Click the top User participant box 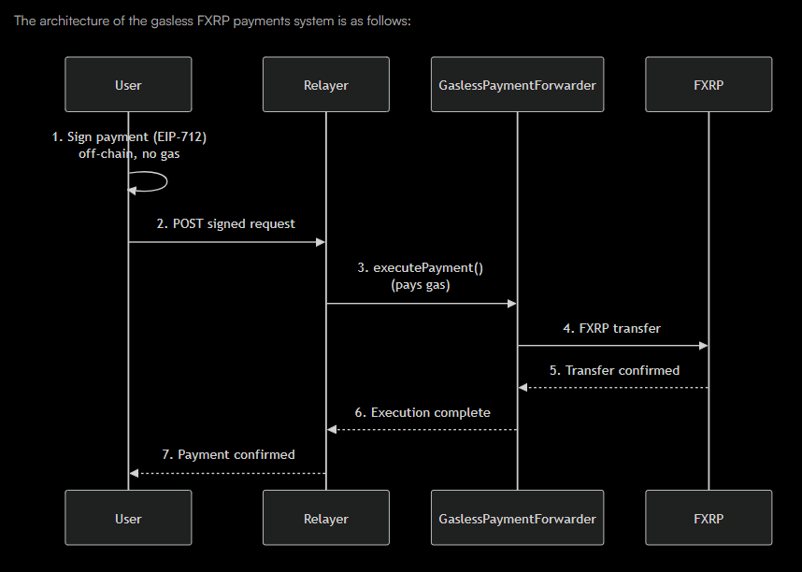[x=128, y=85]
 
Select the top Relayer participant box [x=325, y=85]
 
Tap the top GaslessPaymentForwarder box [x=517, y=85]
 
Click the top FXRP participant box [x=709, y=85]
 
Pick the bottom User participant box [x=128, y=518]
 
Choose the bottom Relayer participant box [x=325, y=518]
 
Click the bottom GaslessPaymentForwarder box [x=517, y=518]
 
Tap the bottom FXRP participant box [x=709, y=518]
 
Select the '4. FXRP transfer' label [x=612, y=328]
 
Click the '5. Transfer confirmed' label [x=614, y=370]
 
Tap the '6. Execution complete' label [x=422, y=412]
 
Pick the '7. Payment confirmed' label [x=228, y=454]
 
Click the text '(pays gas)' [x=421, y=285]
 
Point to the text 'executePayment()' [x=428, y=267]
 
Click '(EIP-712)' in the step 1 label [x=176, y=136]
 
